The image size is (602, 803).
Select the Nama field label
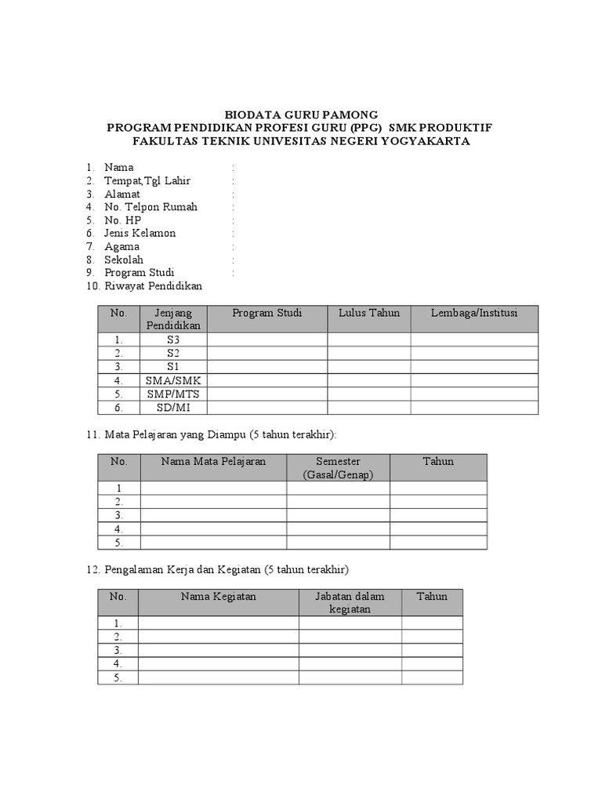tap(118, 167)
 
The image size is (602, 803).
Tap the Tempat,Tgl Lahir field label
tap(147, 180)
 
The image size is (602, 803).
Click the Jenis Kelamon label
tap(140, 233)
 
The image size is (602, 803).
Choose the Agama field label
tap(121, 246)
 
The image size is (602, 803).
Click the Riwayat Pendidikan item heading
tap(153, 286)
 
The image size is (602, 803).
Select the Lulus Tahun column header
tap(369, 313)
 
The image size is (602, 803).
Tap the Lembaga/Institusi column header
tap(474, 313)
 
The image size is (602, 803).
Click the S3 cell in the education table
tap(173, 340)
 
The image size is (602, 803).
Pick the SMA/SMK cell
tap(173, 380)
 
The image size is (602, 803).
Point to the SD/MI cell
tap(173, 408)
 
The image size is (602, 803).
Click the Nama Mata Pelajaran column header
tap(213, 461)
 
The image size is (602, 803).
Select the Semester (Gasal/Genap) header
tap(339, 468)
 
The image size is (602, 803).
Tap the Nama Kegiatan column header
tap(219, 597)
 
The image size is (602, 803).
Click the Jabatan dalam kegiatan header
tap(350, 603)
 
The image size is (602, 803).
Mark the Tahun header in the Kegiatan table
tap(432, 597)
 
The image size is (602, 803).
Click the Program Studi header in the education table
tap(267, 313)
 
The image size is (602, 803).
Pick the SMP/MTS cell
tap(173, 394)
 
